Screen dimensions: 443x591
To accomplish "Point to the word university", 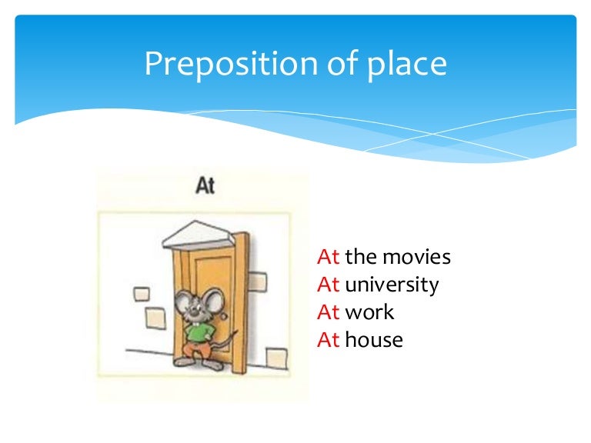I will click(392, 285).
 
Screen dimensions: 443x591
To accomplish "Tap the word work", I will click(369, 312).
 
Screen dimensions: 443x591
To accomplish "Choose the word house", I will click(374, 340).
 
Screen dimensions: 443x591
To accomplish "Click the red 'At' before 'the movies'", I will click(329, 257).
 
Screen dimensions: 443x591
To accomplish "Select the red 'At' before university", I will click(329, 285).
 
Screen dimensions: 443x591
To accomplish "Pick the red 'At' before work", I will click(329, 312).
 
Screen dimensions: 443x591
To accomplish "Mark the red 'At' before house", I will click(329, 340).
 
